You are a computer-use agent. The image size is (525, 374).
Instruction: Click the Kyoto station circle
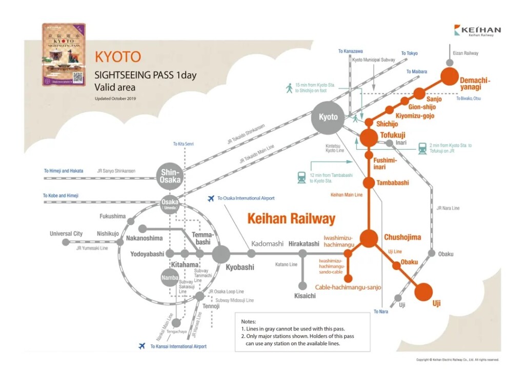pos(328,117)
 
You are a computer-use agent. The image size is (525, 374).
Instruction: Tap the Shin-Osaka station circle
pos(170,177)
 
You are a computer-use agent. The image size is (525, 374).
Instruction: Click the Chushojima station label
pos(402,237)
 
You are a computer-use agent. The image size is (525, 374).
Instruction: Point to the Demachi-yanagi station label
pos(475,84)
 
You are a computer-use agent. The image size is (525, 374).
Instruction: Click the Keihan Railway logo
pos(477,31)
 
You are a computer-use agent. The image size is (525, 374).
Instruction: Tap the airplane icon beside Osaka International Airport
pos(210,198)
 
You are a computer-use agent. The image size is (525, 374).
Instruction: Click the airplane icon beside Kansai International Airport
pos(142,346)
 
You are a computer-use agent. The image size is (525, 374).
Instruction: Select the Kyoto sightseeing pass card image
pos(64,54)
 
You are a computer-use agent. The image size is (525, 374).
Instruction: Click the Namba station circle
pos(170,277)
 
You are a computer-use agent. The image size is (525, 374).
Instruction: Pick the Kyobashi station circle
pos(221,254)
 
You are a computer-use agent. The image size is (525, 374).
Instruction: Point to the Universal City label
pos(66,234)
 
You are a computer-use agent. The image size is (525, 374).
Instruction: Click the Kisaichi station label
pos(305,296)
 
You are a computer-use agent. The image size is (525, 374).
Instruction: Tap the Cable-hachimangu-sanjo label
pos(348,287)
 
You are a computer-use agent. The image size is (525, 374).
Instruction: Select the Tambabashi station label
pos(393,183)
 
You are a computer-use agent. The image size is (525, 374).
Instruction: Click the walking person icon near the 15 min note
pos(289,88)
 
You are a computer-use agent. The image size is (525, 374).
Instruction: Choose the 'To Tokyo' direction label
pos(409,53)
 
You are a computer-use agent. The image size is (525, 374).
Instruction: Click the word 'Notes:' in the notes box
pos(248,321)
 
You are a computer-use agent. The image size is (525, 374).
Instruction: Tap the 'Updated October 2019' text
pos(115,98)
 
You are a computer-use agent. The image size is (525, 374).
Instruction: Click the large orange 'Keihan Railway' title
pos(291,219)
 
